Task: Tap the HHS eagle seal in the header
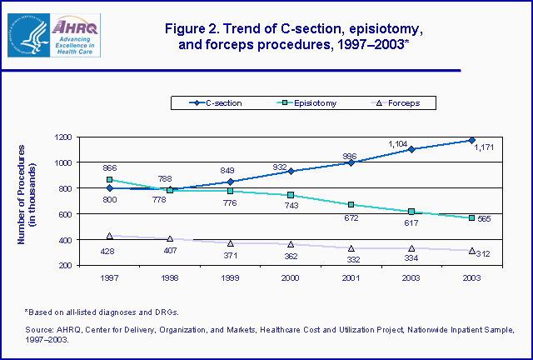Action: click(x=25, y=34)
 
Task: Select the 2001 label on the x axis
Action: click(x=351, y=277)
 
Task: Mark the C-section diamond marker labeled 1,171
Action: click(x=471, y=140)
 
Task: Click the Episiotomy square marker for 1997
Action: click(x=110, y=179)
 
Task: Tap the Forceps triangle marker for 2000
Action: click(x=291, y=244)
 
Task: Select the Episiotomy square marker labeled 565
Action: click(x=471, y=218)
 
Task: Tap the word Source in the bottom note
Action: click(x=38, y=331)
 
